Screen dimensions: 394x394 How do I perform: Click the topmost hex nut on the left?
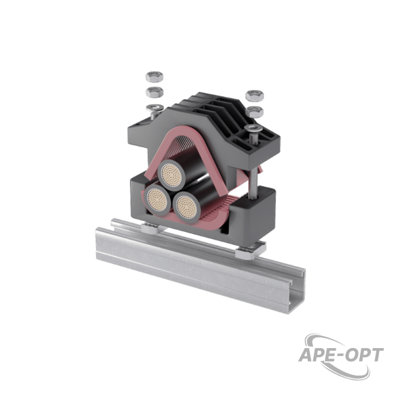(154, 76)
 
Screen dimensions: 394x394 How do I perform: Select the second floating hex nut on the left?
(154, 92)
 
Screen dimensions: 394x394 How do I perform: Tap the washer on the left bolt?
(155, 108)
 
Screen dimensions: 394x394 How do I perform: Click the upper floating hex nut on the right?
(254, 96)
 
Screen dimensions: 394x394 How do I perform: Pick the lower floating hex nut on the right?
(254, 112)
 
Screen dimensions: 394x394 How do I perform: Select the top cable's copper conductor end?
(171, 173)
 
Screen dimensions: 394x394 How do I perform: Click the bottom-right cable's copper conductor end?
(186, 207)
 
